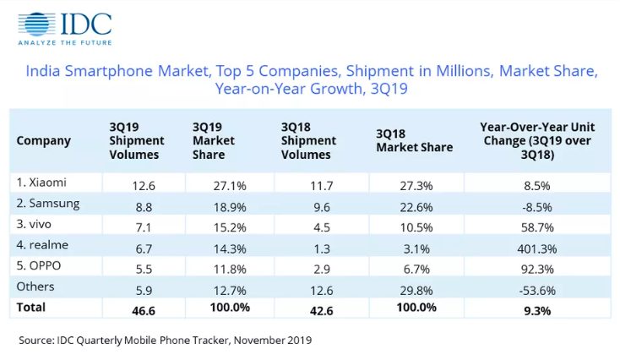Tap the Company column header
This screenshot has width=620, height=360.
click(44, 140)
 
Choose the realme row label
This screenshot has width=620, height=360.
click(41, 245)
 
